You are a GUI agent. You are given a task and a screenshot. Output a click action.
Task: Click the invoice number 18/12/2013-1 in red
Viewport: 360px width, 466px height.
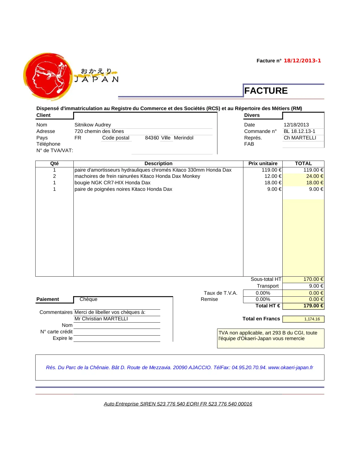pyautogui.click(x=302, y=61)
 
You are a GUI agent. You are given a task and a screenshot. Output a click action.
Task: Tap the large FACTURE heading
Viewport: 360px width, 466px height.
pyautogui.click(x=266, y=91)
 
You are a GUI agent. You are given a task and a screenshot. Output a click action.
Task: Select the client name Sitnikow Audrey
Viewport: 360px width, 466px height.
pyautogui.click(x=93, y=125)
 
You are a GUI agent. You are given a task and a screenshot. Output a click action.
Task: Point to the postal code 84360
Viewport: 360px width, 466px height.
pyautogui.click(x=152, y=138)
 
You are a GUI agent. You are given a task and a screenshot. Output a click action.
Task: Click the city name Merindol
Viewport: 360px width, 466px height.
pyautogui.click(x=184, y=138)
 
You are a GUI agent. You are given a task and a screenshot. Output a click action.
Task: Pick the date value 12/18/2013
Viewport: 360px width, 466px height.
pyautogui.click(x=296, y=125)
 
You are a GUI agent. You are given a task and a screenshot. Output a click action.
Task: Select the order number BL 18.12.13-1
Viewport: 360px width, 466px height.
pyautogui.click(x=299, y=131)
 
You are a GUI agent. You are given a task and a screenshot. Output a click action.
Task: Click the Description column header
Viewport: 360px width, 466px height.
pyautogui.click(x=158, y=163)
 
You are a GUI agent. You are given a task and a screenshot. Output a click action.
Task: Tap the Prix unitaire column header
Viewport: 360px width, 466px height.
pyautogui.click(x=263, y=163)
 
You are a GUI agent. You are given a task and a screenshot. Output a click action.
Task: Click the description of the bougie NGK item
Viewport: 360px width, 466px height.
pyautogui.click(x=112, y=183)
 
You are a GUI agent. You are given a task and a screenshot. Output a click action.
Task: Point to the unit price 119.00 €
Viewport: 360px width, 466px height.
pyautogui.click(x=271, y=170)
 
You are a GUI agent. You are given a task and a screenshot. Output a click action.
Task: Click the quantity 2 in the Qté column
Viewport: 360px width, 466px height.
pyautogui.click(x=54, y=176)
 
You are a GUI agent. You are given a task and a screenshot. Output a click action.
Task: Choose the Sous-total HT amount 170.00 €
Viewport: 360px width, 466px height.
pyautogui.click(x=313, y=279)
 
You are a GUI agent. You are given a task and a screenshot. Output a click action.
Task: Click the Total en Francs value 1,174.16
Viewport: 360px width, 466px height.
pyautogui.click(x=312, y=319)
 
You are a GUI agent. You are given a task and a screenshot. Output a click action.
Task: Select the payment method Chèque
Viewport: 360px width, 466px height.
pyautogui.click(x=88, y=299)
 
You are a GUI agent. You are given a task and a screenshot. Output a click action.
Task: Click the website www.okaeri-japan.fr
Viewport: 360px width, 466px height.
pyautogui.click(x=291, y=367)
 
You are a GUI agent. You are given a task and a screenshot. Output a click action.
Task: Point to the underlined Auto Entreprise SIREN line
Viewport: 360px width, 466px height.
pyautogui.click(x=178, y=404)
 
